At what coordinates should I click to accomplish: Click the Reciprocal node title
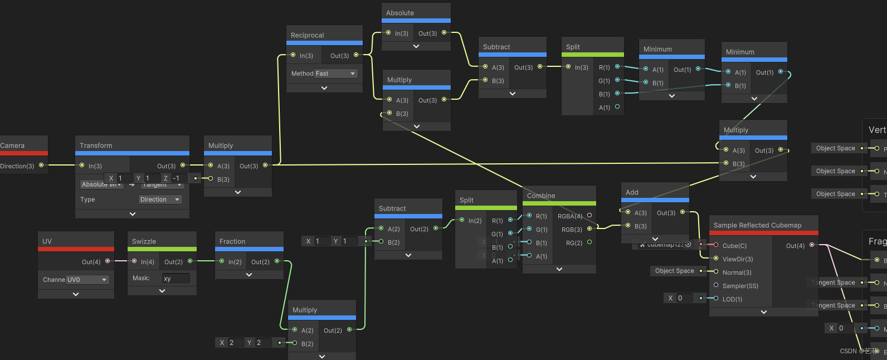point(307,35)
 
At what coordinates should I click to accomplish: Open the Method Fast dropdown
point(336,74)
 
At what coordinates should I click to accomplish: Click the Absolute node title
point(400,13)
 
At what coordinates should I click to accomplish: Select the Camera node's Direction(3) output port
point(41,165)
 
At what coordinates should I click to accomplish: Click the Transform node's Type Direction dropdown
point(160,200)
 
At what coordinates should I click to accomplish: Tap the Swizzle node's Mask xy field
point(176,278)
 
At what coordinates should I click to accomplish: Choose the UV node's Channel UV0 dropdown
point(87,280)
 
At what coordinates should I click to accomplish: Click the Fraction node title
point(232,241)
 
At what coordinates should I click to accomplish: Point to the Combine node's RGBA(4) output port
point(589,215)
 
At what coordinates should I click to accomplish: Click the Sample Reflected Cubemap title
point(757,225)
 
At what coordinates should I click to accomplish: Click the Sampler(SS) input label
point(740,286)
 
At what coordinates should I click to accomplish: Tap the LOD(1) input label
point(732,299)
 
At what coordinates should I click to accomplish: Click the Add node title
point(632,192)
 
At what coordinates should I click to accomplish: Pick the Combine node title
point(541,196)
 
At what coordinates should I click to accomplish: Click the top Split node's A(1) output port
point(617,106)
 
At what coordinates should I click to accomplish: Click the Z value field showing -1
point(179,178)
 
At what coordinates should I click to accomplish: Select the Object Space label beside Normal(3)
point(674,271)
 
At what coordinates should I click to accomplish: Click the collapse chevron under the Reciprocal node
point(324,88)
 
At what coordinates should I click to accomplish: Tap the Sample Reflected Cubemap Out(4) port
point(811,245)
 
